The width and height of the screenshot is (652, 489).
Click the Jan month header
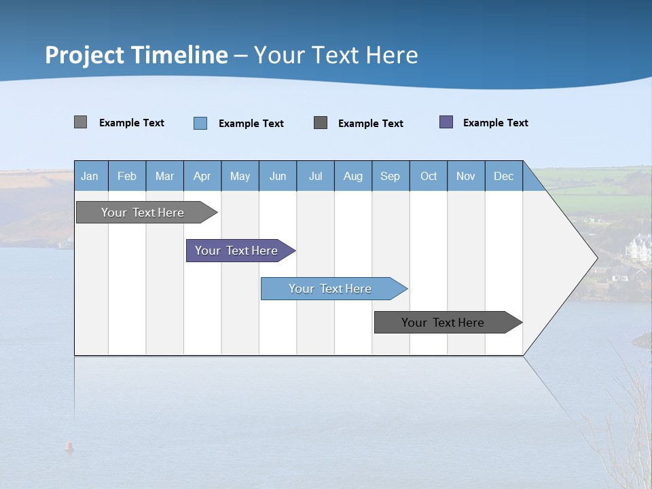click(90, 176)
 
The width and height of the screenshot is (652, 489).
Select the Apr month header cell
click(202, 176)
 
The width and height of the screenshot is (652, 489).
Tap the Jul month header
click(315, 176)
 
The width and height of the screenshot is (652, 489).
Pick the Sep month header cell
click(390, 176)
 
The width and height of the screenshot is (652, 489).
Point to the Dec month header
click(503, 176)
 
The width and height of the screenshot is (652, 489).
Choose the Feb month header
click(127, 176)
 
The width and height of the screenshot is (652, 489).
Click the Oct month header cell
click(429, 176)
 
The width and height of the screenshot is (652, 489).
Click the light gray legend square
click(80, 122)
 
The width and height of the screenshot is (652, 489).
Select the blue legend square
click(200, 123)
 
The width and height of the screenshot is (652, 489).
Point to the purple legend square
click(446, 122)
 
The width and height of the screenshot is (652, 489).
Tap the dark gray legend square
click(321, 122)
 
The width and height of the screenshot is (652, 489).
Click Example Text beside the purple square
click(495, 123)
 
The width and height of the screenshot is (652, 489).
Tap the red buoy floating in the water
click(69, 446)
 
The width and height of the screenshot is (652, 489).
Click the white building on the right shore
click(640, 248)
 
